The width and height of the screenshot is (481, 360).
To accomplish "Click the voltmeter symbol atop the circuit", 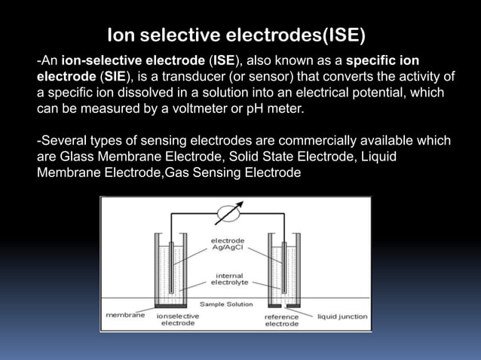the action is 231,211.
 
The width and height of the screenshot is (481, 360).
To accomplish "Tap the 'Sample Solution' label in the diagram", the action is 225,304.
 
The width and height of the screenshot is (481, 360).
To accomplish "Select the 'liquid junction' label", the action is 342,317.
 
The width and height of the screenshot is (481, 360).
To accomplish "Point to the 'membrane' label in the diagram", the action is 125,316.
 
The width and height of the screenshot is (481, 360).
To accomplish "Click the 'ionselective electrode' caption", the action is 178,321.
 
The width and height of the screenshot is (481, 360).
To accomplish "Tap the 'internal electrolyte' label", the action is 228,279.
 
